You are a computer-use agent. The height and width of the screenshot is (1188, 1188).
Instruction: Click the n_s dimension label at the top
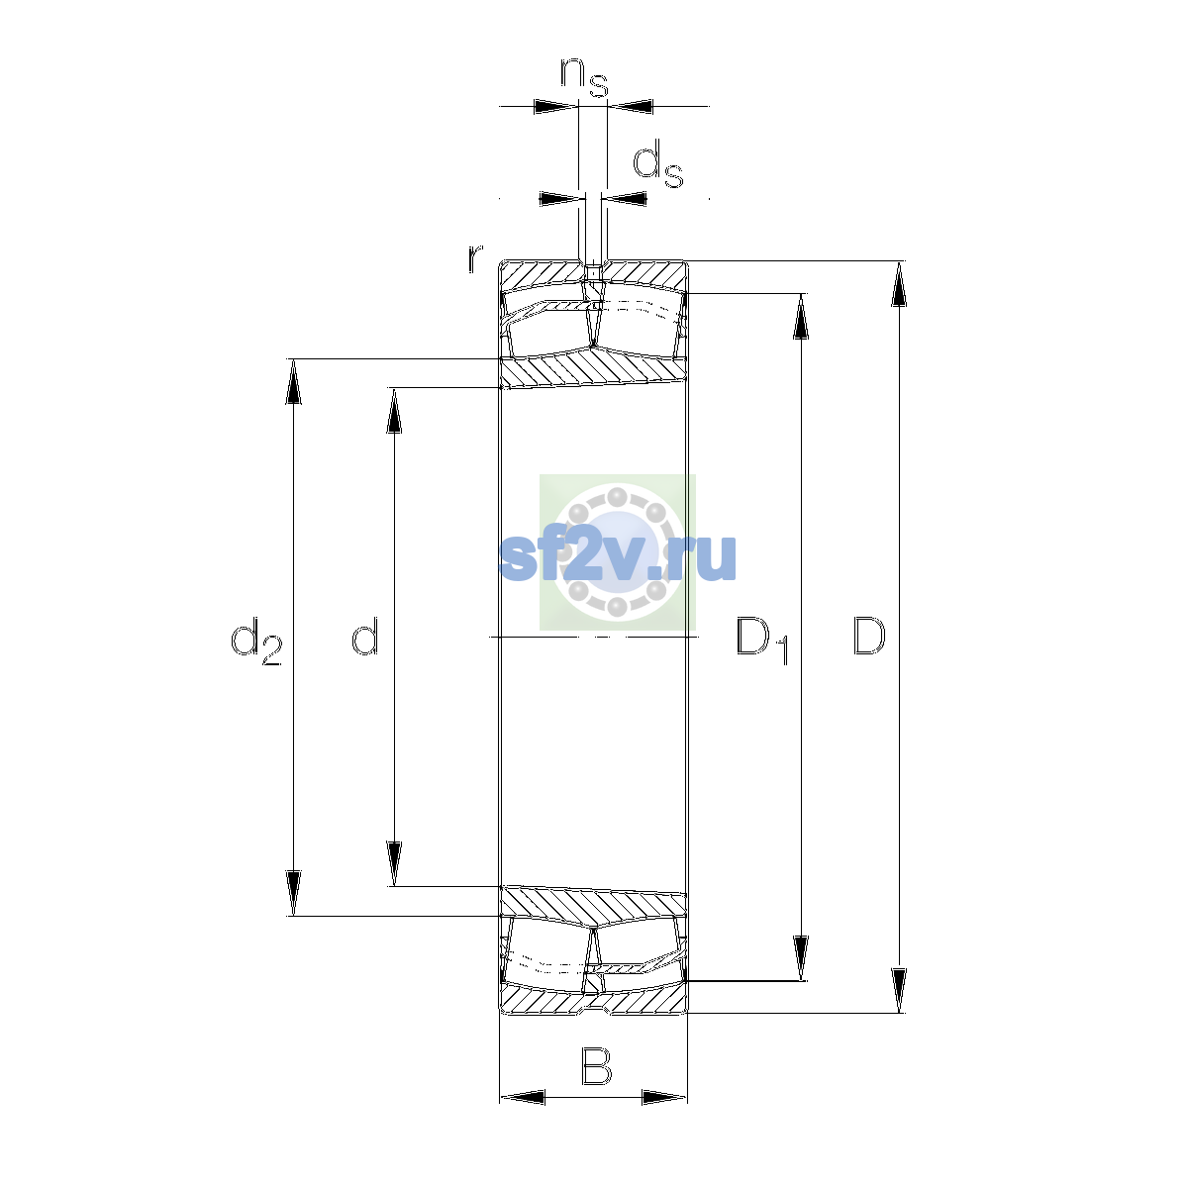pos(584,77)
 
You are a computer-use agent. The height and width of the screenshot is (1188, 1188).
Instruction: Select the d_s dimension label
pos(657,163)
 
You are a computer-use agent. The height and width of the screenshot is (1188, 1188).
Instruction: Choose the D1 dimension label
pos(762,642)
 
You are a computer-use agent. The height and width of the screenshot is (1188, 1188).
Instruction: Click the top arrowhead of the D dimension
pos(900,283)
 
